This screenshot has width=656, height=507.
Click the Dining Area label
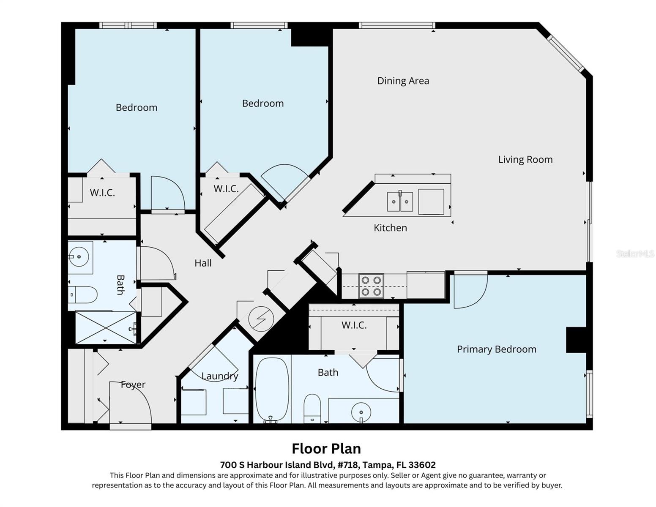tap(403, 81)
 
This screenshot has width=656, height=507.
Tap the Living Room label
tap(525, 160)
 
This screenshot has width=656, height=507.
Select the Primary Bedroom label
tap(496, 349)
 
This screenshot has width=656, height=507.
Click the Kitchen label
tap(390, 228)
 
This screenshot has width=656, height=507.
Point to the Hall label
tap(203, 263)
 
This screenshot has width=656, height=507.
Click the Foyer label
tap(133, 384)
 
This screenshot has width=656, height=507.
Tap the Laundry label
tap(219, 376)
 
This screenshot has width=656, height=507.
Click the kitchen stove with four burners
tap(371, 286)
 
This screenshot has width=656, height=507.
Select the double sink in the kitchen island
tap(400, 202)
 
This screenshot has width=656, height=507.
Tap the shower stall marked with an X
tap(106, 327)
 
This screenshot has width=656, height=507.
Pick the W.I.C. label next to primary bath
tap(354, 325)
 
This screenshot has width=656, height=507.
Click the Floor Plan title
tap(326, 448)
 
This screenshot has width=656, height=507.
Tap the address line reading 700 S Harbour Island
tap(328, 465)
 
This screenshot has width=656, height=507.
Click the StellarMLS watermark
tap(634, 254)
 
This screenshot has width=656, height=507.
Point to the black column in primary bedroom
tap(576, 340)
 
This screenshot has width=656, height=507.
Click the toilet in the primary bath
tap(312, 408)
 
